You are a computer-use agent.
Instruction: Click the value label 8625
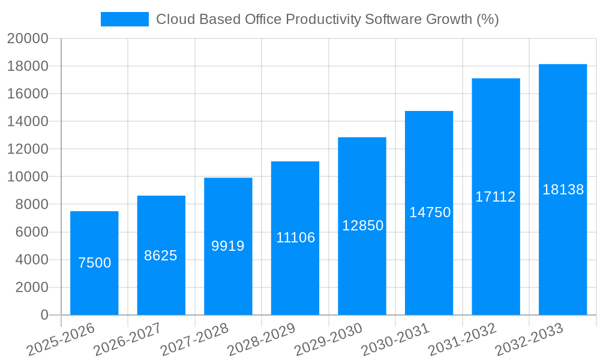[161, 256]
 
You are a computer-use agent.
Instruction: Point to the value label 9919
[228, 246]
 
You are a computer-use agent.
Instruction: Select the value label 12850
[362, 226]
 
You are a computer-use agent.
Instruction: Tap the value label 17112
[496, 197]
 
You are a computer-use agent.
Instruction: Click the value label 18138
[563, 190]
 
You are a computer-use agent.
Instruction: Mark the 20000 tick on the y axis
[28, 38]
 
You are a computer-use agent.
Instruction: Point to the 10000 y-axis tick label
[28, 177]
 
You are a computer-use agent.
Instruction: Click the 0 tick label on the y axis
[44, 315]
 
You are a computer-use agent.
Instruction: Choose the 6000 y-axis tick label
[31, 232]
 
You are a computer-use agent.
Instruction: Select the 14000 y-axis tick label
[28, 121]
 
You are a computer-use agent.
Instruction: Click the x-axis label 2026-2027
[127, 339]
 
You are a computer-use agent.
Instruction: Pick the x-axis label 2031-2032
[463, 339]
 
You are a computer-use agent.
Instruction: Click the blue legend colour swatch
[124, 19]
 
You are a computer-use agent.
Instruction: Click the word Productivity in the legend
[323, 19]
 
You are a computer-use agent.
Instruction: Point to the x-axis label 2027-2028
[195, 339]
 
